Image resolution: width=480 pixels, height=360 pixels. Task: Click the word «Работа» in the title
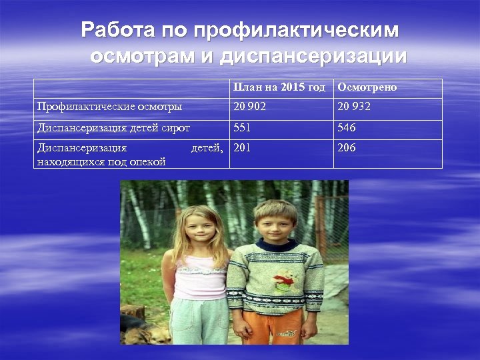tap(117, 30)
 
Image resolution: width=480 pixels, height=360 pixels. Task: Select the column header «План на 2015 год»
tap(279, 88)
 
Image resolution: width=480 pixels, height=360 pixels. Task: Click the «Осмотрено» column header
tap(367, 88)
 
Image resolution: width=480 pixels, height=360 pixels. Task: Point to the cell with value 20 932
tap(354, 106)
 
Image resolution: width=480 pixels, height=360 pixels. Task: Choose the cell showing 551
tap(242, 127)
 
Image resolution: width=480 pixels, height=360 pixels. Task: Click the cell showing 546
tap(347, 127)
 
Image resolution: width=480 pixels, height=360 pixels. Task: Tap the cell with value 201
tap(242, 148)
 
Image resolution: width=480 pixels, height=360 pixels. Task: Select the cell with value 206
tap(347, 148)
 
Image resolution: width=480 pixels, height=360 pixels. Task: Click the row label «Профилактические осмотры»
tap(109, 106)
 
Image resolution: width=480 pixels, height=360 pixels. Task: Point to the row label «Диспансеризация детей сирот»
tap(113, 127)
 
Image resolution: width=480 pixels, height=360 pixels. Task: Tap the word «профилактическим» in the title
tap(296, 30)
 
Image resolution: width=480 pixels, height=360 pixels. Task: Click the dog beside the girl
tap(155, 333)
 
